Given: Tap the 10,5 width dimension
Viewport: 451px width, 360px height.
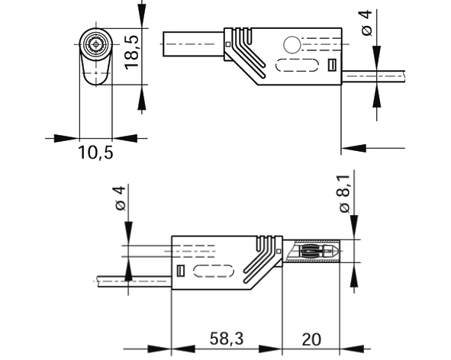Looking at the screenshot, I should pyautogui.click(x=95, y=153).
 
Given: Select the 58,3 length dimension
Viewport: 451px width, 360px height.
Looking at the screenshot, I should pyautogui.click(x=227, y=338).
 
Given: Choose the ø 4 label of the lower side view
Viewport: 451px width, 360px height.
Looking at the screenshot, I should pyautogui.click(x=118, y=199).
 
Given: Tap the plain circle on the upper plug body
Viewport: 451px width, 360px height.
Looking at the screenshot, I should pyautogui.click(x=292, y=44).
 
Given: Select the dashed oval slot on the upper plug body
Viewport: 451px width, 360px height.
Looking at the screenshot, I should pyautogui.click(x=296, y=66).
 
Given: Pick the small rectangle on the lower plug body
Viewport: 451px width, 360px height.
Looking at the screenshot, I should pyautogui.click(x=181, y=271).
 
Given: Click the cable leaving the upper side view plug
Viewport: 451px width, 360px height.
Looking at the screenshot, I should pyautogui.click(x=374, y=77).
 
